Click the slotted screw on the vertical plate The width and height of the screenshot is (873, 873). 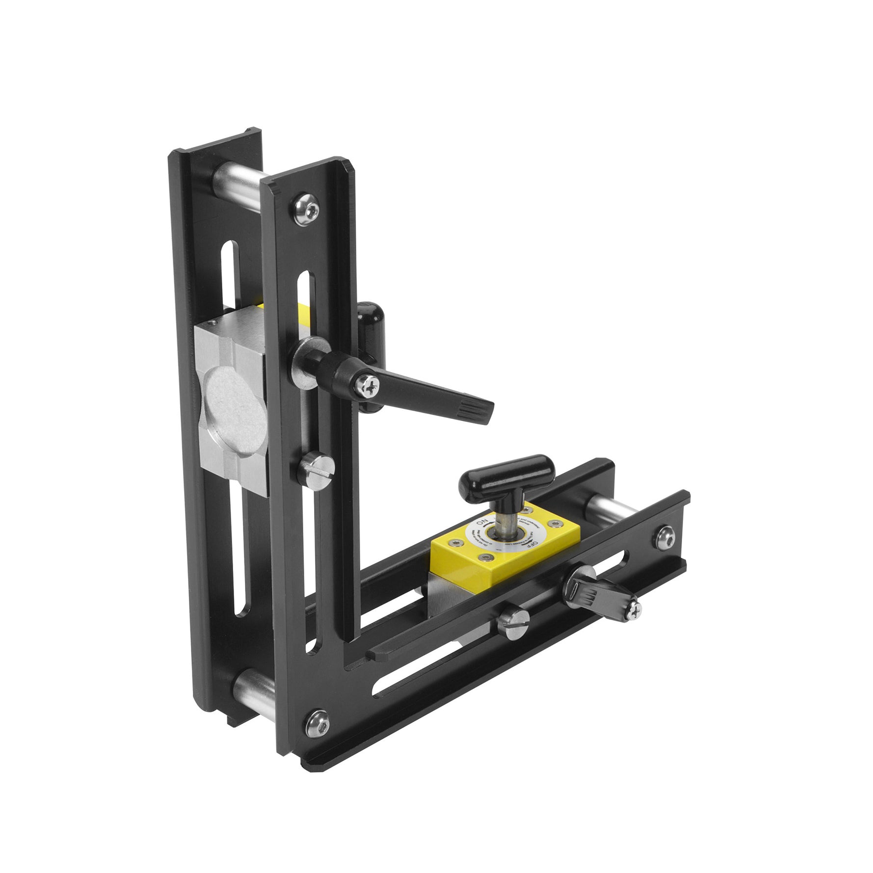coord(316,467)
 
